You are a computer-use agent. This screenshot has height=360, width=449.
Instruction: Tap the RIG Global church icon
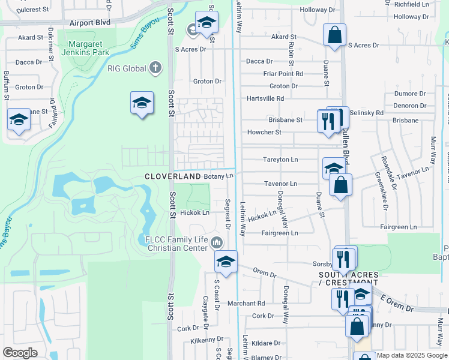coord(155,68)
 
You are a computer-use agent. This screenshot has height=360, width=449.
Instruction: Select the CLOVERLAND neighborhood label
coord(172,176)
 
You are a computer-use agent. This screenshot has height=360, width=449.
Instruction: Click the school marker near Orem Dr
coord(226,262)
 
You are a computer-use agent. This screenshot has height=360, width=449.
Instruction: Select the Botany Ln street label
coord(218,176)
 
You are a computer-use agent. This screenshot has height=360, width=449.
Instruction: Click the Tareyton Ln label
coord(280,160)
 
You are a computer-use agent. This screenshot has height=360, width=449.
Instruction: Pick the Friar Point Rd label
coord(283,74)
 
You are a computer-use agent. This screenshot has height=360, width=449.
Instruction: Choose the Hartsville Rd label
coord(265,98)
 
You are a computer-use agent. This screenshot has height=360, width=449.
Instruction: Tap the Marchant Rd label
coord(246,304)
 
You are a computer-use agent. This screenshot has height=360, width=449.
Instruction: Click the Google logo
coord(20,353)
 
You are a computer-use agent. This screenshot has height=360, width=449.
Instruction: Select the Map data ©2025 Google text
coord(412,355)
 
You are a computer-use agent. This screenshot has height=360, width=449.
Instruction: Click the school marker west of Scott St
coord(142,103)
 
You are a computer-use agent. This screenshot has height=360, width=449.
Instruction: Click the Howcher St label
coord(265,132)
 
